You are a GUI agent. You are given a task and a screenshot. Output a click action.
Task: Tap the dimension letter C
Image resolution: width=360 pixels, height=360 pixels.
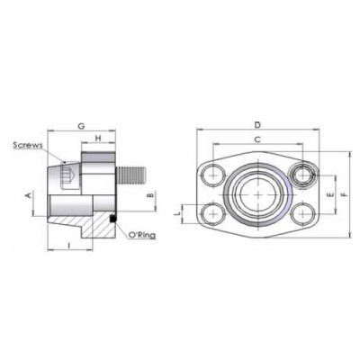point(257,139)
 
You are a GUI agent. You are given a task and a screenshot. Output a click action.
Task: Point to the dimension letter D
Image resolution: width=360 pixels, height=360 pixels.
point(257,123)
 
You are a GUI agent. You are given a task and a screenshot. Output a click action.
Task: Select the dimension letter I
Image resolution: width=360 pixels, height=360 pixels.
point(69,245)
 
